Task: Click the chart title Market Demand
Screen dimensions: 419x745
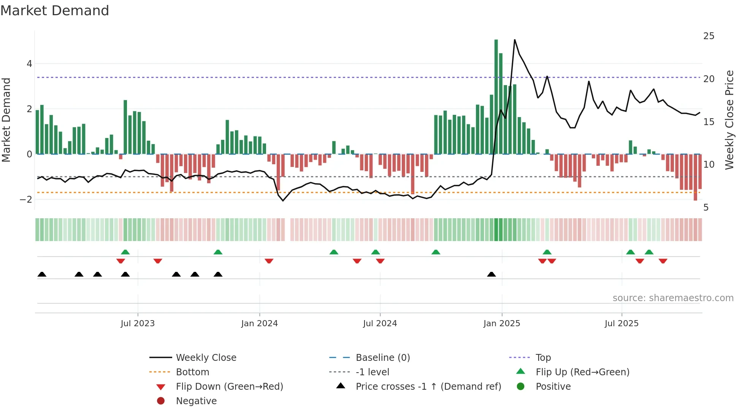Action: coord(55,11)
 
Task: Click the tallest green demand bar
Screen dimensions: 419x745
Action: coord(496,97)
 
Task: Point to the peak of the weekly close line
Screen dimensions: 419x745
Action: coord(515,40)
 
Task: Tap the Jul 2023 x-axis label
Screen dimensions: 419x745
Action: coord(138,324)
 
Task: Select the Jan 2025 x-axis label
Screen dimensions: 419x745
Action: coord(502,324)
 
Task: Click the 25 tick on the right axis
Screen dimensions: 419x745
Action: coord(709,36)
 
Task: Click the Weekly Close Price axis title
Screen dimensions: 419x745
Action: coord(729,120)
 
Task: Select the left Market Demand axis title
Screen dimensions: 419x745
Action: coord(6,120)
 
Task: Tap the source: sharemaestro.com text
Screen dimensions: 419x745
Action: coord(673,298)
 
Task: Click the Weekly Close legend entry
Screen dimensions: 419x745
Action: coord(206,358)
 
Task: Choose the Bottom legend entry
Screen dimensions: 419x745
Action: coord(192,372)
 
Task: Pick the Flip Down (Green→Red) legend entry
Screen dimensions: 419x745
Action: coord(229,387)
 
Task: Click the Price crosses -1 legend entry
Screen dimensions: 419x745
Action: coord(428,387)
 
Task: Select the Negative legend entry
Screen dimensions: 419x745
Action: coord(196,401)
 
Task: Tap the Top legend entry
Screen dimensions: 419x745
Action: coord(543,358)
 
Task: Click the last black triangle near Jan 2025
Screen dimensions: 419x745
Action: coord(491,274)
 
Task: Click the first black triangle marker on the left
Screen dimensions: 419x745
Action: coord(42,274)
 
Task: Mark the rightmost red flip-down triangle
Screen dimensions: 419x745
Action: coord(663,261)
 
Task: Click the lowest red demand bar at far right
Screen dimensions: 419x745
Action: coord(695,177)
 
